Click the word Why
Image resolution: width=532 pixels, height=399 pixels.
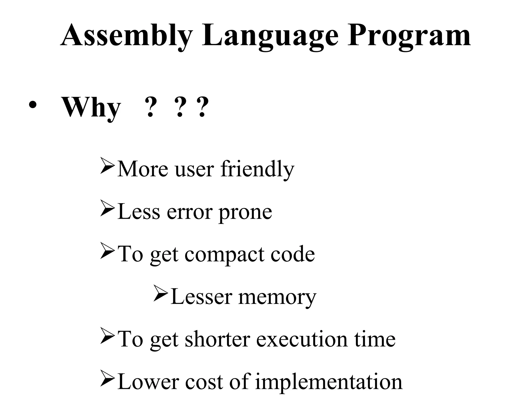(91, 107)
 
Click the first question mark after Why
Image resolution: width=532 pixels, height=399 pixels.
(150, 107)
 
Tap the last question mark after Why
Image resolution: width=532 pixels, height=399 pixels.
(202, 107)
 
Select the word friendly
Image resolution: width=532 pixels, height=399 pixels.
(257, 169)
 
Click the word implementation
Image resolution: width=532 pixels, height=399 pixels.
(329, 382)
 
